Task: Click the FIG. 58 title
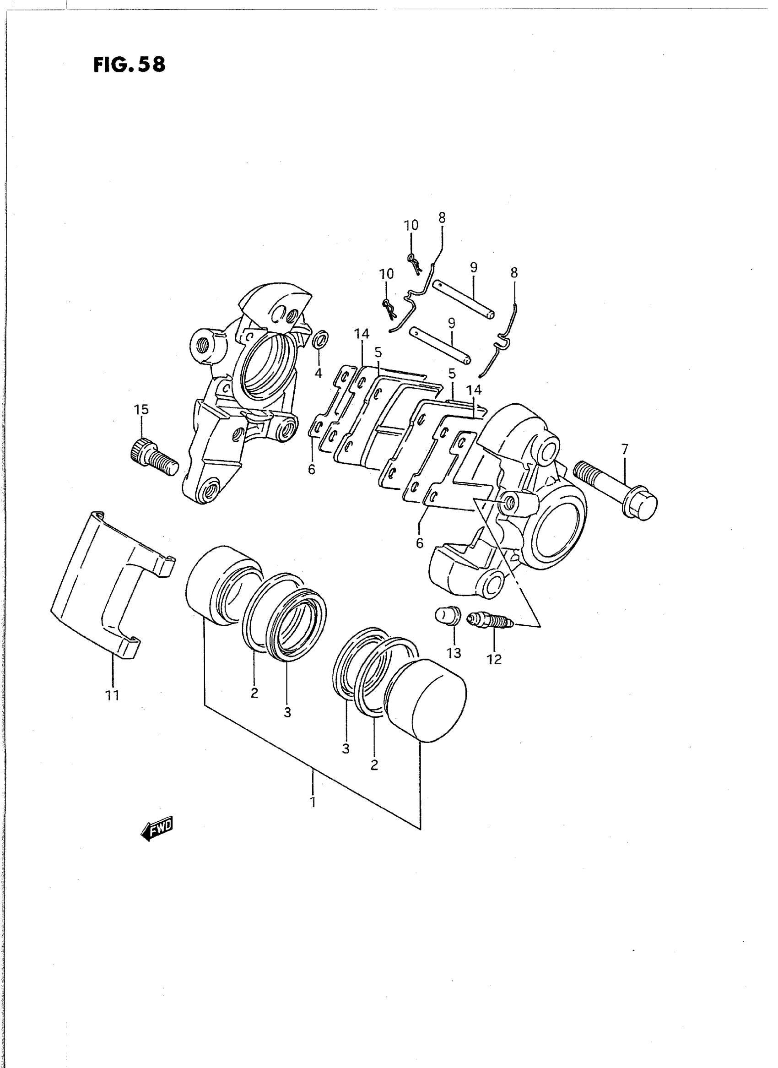pyautogui.click(x=129, y=65)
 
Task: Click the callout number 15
pyautogui.click(x=141, y=409)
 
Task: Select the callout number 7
pyautogui.click(x=625, y=449)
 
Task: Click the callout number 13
pyautogui.click(x=454, y=653)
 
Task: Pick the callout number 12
pyautogui.click(x=495, y=659)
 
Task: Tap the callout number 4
pyautogui.click(x=319, y=374)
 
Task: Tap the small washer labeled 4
pyautogui.click(x=321, y=338)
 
